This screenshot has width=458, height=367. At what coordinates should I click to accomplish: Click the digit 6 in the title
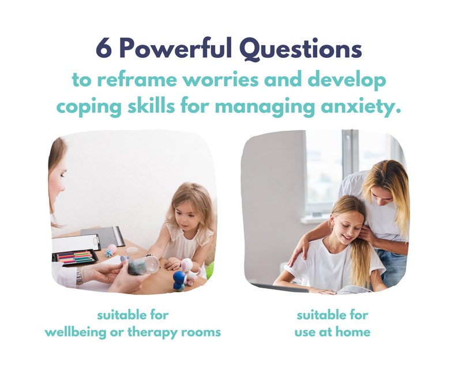tap(104, 49)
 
